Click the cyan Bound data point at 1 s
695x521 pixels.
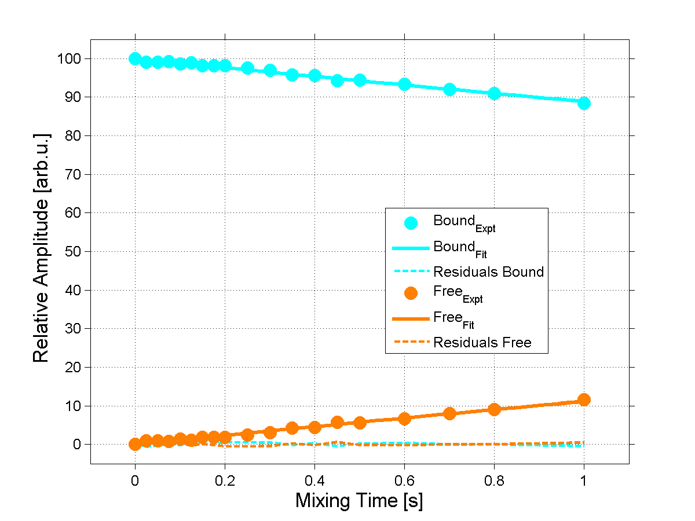(x=584, y=103)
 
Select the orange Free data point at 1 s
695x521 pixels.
(x=584, y=399)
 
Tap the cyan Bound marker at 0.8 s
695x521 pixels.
(x=494, y=93)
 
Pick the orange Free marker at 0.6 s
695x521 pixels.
(x=404, y=419)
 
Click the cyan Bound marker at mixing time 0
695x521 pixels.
(x=135, y=58)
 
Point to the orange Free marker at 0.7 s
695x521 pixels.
(x=449, y=413)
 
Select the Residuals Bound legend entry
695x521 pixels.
(x=488, y=271)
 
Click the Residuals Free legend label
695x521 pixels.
(x=482, y=343)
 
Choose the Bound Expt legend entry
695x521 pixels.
(x=464, y=222)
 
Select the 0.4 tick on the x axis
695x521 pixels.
(x=314, y=480)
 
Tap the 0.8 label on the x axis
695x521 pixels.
(x=494, y=480)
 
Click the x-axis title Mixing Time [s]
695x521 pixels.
(x=359, y=500)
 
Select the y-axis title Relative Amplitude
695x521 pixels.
(x=42, y=248)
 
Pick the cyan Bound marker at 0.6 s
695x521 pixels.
(x=404, y=85)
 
